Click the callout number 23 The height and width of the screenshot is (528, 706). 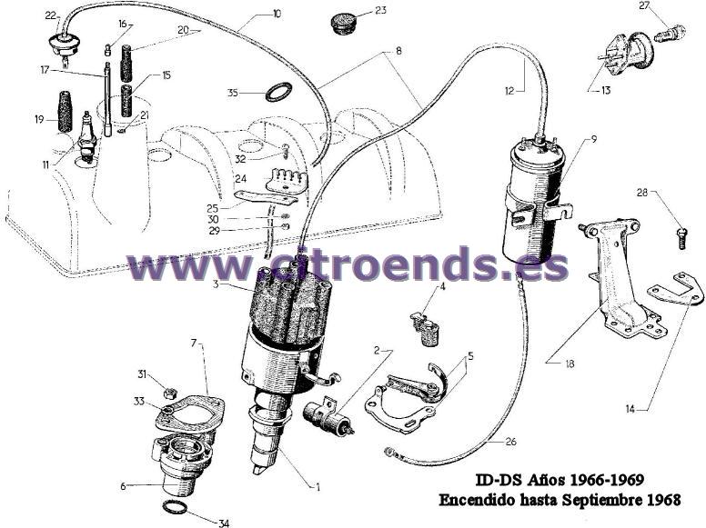coord(380,10)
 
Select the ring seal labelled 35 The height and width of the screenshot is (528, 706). coord(278,92)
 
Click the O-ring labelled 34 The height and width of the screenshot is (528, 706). coord(174,507)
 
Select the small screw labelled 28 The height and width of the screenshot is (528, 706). coord(681,238)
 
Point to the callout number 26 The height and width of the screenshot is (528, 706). coord(510,442)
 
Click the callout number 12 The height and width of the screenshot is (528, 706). coord(509,91)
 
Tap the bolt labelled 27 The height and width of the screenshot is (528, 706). coord(669,34)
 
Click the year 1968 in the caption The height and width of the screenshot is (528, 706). coord(663,499)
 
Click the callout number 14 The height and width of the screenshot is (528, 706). coord(630,409)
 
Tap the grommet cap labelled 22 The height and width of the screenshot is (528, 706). coord(64,44)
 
